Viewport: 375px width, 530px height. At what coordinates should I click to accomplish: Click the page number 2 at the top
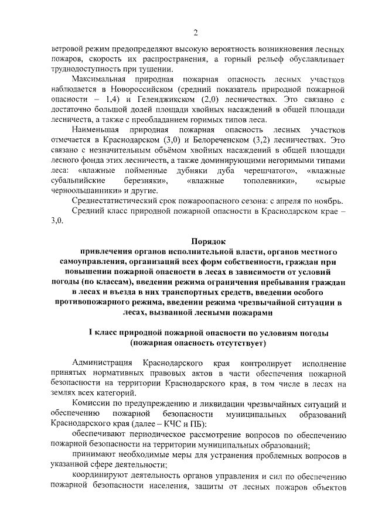pyautogui.click(x=196, y=32)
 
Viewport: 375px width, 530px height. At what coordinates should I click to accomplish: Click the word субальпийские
pyautogui.click(x=78, y=181)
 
